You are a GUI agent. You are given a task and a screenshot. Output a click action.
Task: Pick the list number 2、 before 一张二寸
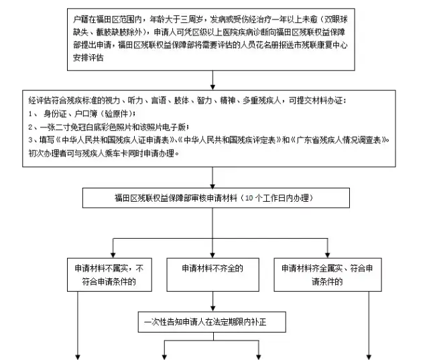coord(32,127)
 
